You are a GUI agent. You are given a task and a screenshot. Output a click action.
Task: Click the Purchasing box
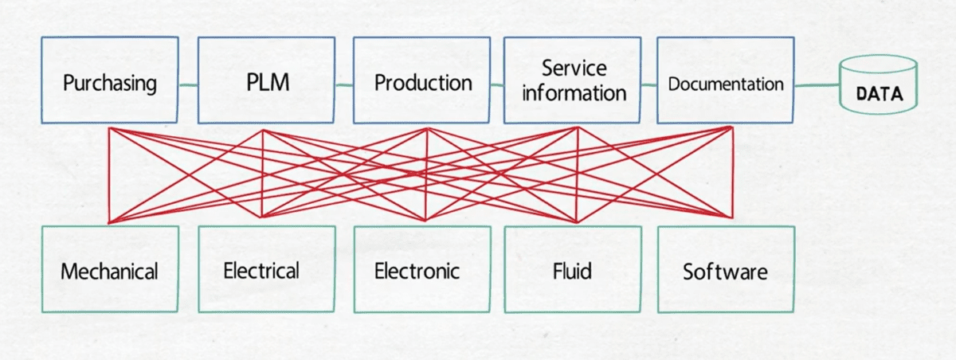(109, 81)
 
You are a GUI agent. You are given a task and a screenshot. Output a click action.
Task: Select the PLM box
(266, 81)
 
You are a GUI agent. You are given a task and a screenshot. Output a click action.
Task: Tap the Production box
(422, 81)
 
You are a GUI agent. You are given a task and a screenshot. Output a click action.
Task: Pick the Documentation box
(725, 81)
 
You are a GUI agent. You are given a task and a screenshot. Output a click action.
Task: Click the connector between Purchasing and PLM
(188, 84)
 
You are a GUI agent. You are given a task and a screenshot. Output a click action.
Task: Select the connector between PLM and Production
(343, 84)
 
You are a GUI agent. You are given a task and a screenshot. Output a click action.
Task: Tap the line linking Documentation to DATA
(817, 84)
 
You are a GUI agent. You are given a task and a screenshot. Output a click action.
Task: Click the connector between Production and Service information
(497, 83)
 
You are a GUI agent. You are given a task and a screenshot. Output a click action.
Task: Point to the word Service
(574, 68)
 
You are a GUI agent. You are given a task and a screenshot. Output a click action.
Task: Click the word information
(574, 92)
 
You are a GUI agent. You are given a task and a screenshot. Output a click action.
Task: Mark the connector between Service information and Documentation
(649, 83)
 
